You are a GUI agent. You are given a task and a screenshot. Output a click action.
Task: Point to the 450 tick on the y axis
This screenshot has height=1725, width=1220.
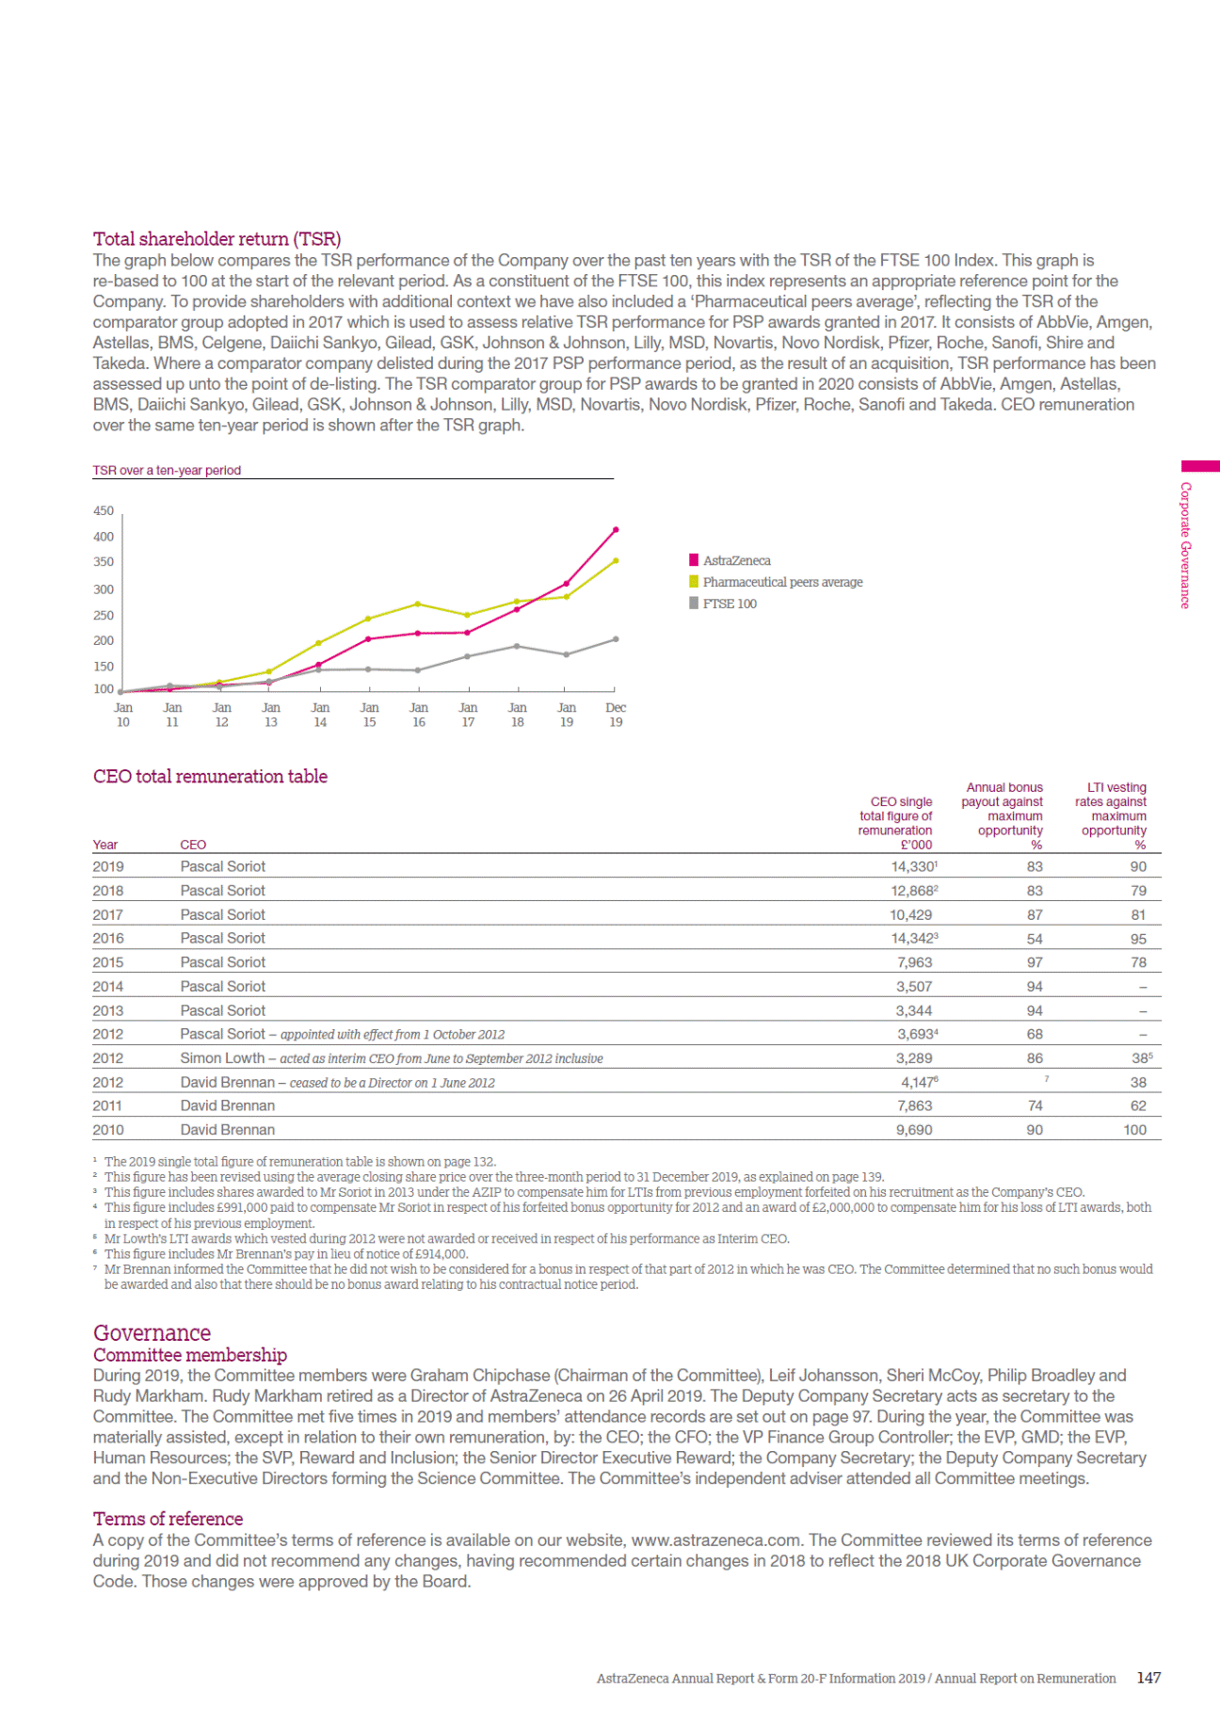click(104, 511)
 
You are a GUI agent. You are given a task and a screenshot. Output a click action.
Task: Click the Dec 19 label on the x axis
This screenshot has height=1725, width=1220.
click(616, 715)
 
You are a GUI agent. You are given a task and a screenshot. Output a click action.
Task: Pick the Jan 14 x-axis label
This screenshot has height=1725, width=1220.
click(320, 715)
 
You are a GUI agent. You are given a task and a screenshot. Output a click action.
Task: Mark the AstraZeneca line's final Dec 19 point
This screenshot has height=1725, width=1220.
click(616, 530)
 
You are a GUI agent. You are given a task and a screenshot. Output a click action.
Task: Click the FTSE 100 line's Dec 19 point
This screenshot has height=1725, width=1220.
click(616, 639)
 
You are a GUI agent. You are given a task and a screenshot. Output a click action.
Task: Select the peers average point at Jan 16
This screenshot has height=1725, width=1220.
click(418, 604)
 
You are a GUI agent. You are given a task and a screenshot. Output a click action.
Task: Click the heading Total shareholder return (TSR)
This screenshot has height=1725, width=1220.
click(217, 239)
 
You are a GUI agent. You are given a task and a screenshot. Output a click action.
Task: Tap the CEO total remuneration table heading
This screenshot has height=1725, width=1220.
click(210, 777)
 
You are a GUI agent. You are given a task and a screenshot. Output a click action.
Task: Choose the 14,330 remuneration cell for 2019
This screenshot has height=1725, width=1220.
click(911, 867)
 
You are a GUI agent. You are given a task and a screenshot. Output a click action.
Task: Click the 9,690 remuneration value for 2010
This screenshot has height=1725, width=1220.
click(913, 1130)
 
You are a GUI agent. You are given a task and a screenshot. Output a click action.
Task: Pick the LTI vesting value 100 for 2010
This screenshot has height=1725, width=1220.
click(1134, 1130)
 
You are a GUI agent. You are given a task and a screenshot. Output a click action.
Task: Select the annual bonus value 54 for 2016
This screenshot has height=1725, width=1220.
click(1035, 939)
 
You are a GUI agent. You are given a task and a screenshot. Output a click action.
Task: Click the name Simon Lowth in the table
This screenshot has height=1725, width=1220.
click(222, 1058)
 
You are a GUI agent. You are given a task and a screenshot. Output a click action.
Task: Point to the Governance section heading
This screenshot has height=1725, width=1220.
click(152, 1333)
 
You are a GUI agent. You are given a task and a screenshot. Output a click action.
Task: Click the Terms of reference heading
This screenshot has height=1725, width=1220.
click(168, 1519)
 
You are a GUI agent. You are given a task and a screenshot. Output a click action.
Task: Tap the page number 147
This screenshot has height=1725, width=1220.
click(1148, 1678)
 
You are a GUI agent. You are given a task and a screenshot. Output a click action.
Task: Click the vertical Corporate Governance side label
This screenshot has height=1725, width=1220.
click(1186, 545)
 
